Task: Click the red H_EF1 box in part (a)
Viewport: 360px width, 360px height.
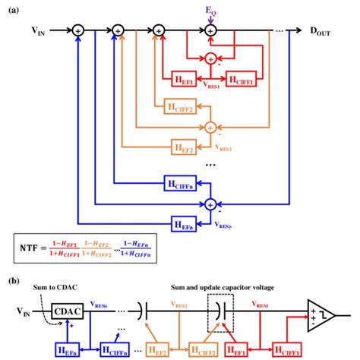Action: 182,81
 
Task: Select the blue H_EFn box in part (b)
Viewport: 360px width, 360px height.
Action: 64,348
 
